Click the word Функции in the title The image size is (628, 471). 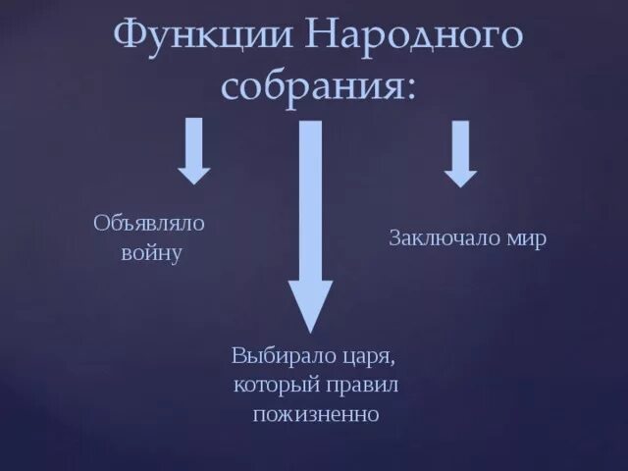pyautogui.click(x=202, y=39)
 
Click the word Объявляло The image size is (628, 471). pyautogui.click(x=149, y=224)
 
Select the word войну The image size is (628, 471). pyautogui.click(x=152, y=253)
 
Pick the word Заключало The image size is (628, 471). pyautogui.click(x=444, y=238)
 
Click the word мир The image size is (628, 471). pyautogui.click(x=526, y=238)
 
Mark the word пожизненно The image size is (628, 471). pyautogui.click(x=316, y=413)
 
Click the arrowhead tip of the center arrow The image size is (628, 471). pyautogui.click(x=310, y=330)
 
